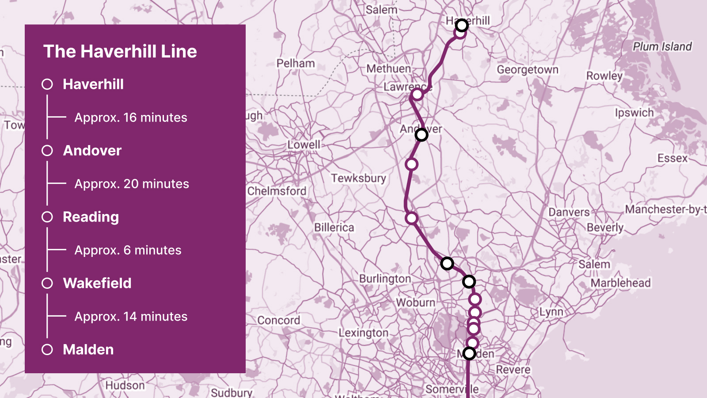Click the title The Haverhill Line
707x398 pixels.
[120, 51]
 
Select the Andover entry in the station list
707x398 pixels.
[92, 150]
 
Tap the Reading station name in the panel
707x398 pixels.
[91, 217]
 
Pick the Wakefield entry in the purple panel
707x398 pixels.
[97, 283]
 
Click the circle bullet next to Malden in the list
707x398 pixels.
[47, 349]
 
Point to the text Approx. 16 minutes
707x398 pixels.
[131, 118]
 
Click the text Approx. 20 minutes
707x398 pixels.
[132, 184]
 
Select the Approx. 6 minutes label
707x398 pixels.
[128, 250]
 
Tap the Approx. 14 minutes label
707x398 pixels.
[131, 317]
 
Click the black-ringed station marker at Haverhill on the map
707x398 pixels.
[462, 25]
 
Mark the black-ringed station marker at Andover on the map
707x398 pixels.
[422, 134]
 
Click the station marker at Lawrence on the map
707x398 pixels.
[417, 94]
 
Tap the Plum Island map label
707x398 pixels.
[662, 46]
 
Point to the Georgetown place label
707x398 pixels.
[528, 69]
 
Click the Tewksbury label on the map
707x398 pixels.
[358, 178]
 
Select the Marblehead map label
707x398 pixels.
[620, 283]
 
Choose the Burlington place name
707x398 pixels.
[385, 279]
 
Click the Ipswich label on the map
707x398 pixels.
[634, 113]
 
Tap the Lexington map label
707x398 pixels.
[363, 333]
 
